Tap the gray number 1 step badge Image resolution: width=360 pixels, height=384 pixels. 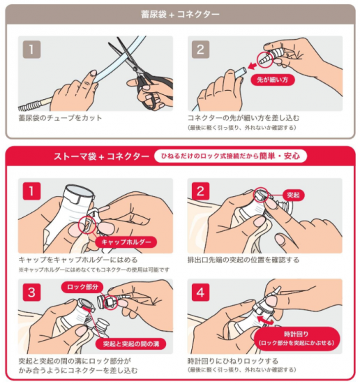31,50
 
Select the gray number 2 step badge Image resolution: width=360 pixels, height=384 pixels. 200,50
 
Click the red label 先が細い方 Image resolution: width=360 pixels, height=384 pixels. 272,80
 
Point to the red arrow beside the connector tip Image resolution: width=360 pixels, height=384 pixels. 252,66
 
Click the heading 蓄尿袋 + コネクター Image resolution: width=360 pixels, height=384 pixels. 180,15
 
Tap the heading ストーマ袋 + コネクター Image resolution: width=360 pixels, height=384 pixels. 102,156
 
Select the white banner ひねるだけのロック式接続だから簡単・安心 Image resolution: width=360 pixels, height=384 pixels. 230,156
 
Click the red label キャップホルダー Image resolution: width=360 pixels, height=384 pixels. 126,242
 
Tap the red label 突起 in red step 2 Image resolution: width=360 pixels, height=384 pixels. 294,195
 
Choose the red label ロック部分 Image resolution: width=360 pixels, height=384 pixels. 82,287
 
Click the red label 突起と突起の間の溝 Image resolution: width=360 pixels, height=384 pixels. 131,344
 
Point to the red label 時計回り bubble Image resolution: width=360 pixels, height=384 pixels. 297,338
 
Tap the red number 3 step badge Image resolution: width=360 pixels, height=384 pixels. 31,292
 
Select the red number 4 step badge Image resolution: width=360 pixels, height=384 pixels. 200,292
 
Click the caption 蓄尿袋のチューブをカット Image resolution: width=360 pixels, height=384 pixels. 60,118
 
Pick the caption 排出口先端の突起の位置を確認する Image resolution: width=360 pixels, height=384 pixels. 243,260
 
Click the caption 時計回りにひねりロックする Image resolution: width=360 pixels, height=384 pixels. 233,361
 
